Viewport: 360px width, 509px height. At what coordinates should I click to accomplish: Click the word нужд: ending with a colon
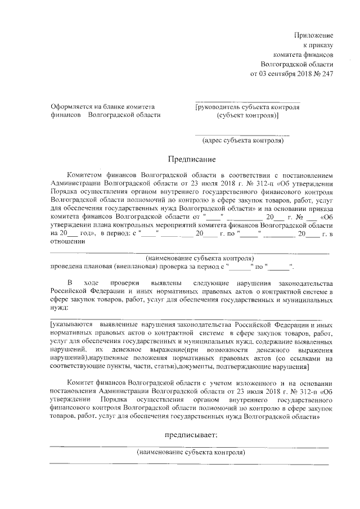[x=58, y=308]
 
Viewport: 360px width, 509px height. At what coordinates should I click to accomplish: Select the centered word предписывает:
[x=191, y=435]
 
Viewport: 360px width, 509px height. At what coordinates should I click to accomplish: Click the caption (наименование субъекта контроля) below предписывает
[x=191, y=452]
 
